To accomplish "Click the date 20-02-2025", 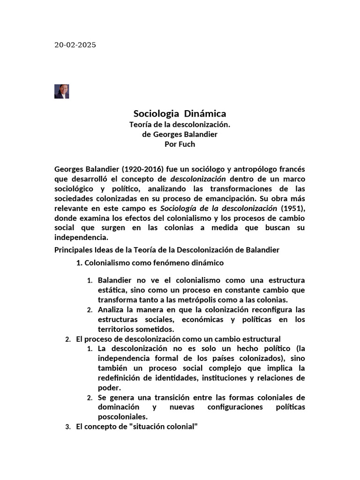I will [x=75, y=45].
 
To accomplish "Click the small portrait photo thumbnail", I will [x=61, y=91].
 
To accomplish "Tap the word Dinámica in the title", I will [x=205, y=113].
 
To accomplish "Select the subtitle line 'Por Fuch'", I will [x=180, y=144].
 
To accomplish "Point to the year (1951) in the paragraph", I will [x=293, y=208].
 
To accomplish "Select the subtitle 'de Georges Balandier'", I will [x=180, y=135].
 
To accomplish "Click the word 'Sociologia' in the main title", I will [x=156, y=113].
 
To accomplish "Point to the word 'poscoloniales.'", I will [x=123, y=417].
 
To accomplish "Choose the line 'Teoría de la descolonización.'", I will [x=180, y=125].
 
